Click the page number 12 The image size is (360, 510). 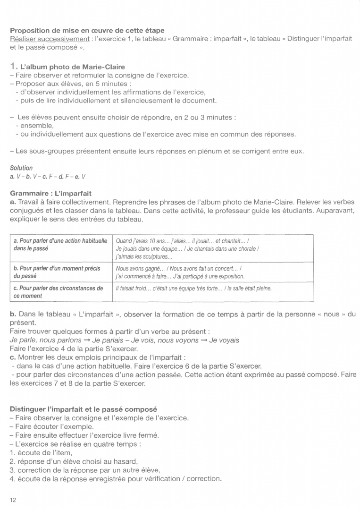(13, 499)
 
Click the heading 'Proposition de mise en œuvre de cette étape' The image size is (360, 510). (87, 31)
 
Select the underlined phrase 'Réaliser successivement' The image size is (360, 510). (50, 39)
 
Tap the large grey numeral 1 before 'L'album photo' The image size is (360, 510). (13, 67)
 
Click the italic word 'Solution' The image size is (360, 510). (21, 168)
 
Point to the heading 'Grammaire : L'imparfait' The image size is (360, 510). (50, 193)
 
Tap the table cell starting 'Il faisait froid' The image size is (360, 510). (193, 288)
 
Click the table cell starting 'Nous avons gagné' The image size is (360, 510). (179, 272)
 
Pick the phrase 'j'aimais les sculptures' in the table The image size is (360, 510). (144, 257)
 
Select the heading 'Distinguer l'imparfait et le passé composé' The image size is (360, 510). (83, 409)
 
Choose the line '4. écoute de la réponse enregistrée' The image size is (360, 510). (115, 478)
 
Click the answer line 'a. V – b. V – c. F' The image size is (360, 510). (47, 176)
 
